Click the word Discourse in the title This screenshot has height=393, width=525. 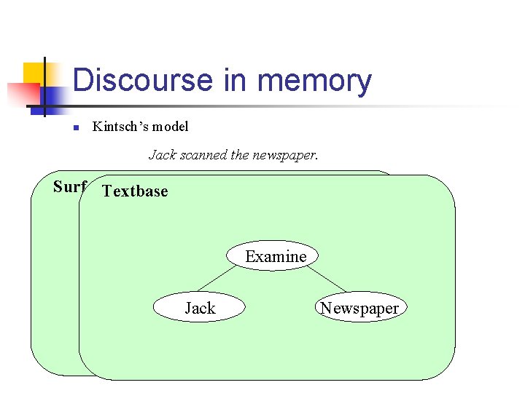143,80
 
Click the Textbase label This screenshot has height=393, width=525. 135,191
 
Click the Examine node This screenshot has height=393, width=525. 276,256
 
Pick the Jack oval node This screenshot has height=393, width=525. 199,308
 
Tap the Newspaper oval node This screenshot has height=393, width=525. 359,308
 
